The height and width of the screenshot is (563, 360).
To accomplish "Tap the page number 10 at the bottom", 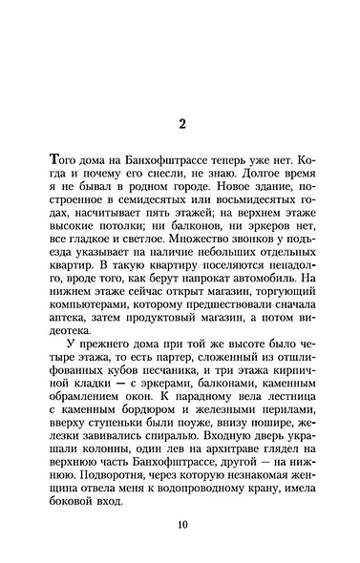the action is click(181, 525).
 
